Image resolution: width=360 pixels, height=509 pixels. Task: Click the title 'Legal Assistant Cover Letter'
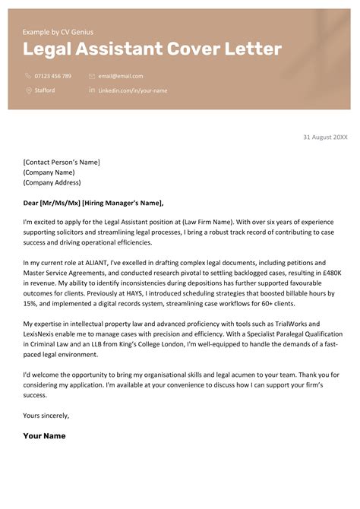152,50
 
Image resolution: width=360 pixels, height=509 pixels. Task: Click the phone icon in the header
28,76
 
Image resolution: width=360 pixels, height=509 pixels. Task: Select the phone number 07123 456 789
53,76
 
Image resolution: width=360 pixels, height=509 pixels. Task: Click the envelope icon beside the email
92,76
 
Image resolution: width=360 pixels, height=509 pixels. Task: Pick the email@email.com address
121,76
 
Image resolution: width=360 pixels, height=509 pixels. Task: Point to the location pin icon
28,90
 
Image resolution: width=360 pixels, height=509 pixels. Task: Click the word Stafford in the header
45,90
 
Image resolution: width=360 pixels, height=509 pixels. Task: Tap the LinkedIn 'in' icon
92,90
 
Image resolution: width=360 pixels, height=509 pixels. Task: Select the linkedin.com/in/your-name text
133,90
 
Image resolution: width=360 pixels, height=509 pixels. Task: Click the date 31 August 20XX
325,137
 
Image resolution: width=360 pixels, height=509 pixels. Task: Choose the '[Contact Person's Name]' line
62,162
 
